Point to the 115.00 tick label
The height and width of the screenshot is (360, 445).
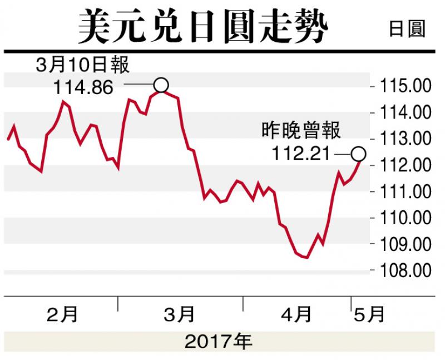point(405,86)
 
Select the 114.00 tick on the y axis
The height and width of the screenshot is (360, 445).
point(405,112)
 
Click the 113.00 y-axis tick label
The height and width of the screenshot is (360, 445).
point(405,139)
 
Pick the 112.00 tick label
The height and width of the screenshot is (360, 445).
point(405,165)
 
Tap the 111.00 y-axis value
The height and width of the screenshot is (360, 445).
point(405,191)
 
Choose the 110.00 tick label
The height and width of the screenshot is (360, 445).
point(405,218)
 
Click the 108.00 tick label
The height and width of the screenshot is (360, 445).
point(405,270)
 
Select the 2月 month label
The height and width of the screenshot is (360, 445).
point(62,315)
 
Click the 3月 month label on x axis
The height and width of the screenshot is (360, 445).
point(180,315)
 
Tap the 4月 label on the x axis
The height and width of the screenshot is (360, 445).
point(296,315)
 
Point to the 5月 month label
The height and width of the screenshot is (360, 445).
point(370,315)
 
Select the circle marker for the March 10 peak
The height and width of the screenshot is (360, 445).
point(161,85)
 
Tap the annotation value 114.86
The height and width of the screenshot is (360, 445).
point(84,87)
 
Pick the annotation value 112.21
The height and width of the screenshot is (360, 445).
point(300,153)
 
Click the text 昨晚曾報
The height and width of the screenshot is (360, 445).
point(301,131)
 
